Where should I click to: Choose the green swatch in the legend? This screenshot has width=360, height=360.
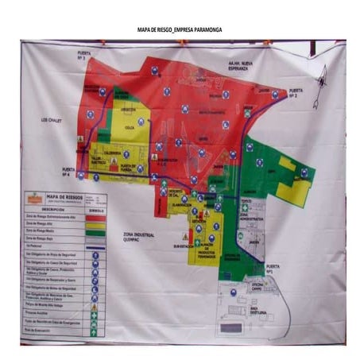94,230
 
